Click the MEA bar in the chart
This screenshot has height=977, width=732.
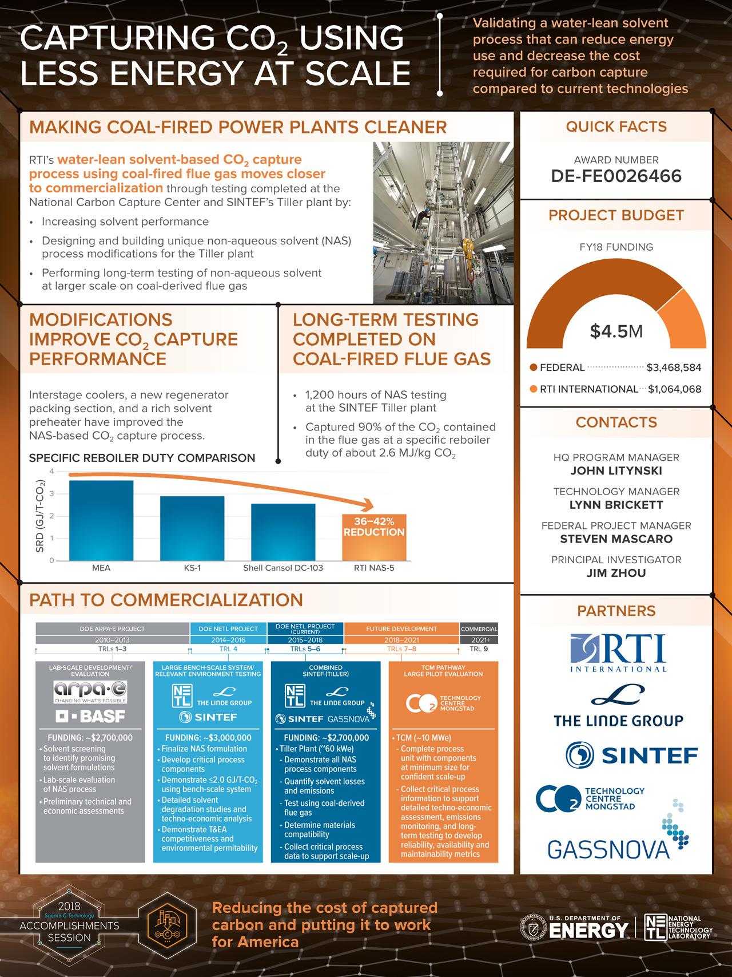click(x=101, y=520)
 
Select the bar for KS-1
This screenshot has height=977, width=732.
click(x=192, y=528)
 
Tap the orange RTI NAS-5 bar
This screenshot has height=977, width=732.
click(x=374, y=537)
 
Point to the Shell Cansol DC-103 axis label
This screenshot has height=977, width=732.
click(x=283, y=568)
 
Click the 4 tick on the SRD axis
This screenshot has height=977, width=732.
click(x=51, y=472)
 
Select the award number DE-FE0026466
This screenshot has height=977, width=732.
click(x=616, y=176)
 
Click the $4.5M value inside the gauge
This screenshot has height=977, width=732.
click(x=616, y=331)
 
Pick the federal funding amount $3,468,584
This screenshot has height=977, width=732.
click(x=673, y=367)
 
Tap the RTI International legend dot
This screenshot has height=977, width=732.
click(x=534, y=389)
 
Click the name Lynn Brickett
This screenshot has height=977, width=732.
click(x=616, y=505)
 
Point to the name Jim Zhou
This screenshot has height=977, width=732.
click(x=616, y=573)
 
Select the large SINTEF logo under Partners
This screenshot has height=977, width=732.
click(x=631, y=755)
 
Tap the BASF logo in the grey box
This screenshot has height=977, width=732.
click(x=90, y=716)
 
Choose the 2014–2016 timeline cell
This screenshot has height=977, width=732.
click(x=228, y=640)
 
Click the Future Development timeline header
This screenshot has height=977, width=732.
click(x=401, y=628)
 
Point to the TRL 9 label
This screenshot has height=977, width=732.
click(x=479, y=649)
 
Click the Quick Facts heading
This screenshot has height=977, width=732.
click(x=616, y=126)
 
